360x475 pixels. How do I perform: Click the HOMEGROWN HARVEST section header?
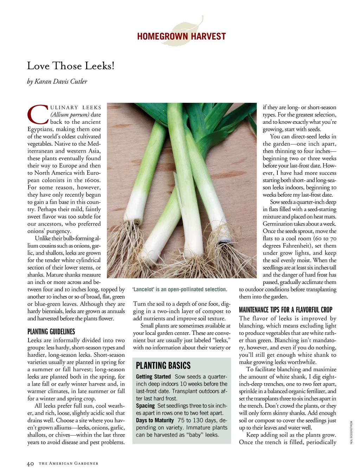181,36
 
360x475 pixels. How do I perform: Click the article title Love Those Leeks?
71,66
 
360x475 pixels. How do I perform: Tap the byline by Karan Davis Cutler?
57,81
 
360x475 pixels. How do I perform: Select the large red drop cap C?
37,114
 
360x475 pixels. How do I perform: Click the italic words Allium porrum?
70,115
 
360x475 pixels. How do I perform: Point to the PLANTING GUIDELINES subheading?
51,331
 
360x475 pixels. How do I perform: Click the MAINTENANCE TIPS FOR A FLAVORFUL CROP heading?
285,310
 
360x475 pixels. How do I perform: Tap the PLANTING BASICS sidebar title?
163,365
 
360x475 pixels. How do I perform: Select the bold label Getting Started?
153,376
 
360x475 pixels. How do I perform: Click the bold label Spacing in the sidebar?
145,406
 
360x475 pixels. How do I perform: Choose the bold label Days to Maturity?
155,420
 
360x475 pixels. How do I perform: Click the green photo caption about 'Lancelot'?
180,289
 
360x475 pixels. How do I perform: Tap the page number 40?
31,464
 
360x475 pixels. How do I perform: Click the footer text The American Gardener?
69,464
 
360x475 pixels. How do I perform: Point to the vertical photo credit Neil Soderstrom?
351,432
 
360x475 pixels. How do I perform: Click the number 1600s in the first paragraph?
92,180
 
